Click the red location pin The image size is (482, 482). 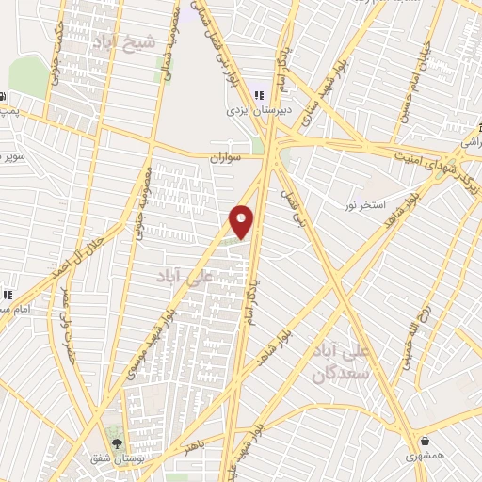click(x=242, y=222)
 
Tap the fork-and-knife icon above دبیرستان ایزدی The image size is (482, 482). click(x=258, y=94)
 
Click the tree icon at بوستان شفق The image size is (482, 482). click(x=116, y=442)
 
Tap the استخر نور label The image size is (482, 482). click(x=363, y=204)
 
